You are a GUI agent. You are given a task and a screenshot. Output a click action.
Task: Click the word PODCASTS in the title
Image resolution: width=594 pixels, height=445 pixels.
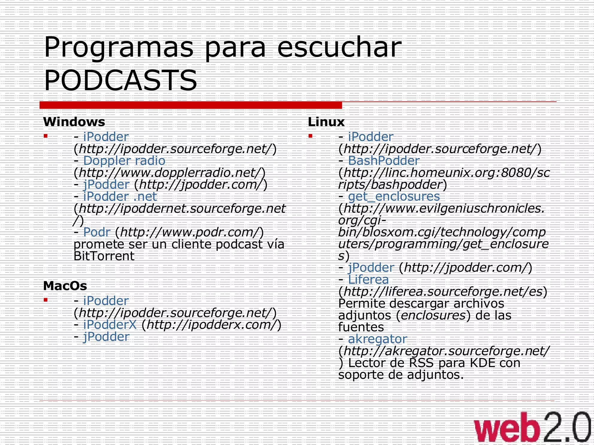pos(120,80)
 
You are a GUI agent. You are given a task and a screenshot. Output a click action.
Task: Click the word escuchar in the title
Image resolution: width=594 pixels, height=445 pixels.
pos(339,47)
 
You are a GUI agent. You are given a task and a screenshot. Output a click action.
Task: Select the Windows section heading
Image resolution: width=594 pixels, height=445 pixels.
pos(74,122)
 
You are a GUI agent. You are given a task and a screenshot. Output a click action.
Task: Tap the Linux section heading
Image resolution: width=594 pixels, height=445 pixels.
pos(326,122)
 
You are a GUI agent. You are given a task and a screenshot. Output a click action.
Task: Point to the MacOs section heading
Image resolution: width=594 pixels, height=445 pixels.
pos(65,286)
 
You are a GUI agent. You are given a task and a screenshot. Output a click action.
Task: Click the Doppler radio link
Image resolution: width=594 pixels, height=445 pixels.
pos(124,161)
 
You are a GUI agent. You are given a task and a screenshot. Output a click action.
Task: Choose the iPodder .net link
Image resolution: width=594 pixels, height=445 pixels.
pos(120,197)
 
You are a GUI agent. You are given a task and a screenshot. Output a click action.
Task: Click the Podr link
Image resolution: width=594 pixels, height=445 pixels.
pos(97,232)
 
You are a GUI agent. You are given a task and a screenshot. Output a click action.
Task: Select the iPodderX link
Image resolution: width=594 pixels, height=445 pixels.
pos(110,325)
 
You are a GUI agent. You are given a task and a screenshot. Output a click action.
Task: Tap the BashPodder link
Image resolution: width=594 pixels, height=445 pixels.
pos(384,161)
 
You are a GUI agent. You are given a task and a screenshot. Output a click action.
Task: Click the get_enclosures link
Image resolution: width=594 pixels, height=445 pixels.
pos(394,197)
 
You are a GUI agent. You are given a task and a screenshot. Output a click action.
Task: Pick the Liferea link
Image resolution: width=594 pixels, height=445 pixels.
pos(368,280)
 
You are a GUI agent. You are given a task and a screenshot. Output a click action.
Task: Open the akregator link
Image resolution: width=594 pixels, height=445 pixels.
pos(378,339)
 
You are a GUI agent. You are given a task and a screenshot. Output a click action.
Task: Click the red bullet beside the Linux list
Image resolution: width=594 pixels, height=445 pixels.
pos(310,136)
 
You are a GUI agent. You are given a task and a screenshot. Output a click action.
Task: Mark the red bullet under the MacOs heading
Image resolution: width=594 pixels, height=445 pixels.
pos(46,300)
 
